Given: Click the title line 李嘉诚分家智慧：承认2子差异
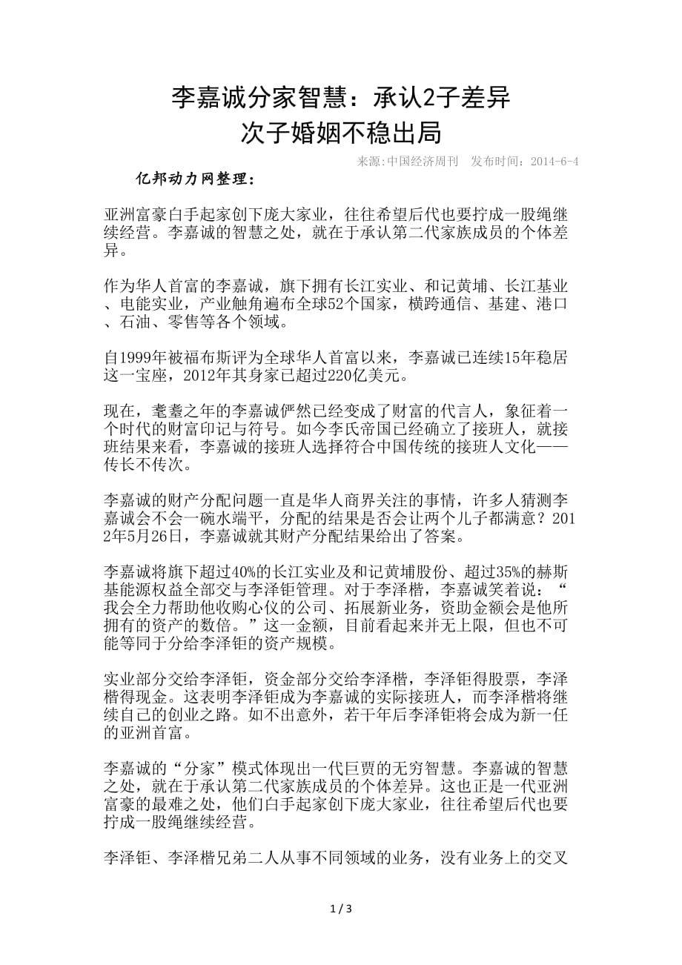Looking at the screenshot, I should point(341,96).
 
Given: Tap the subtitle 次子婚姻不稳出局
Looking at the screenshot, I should point(341,133).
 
